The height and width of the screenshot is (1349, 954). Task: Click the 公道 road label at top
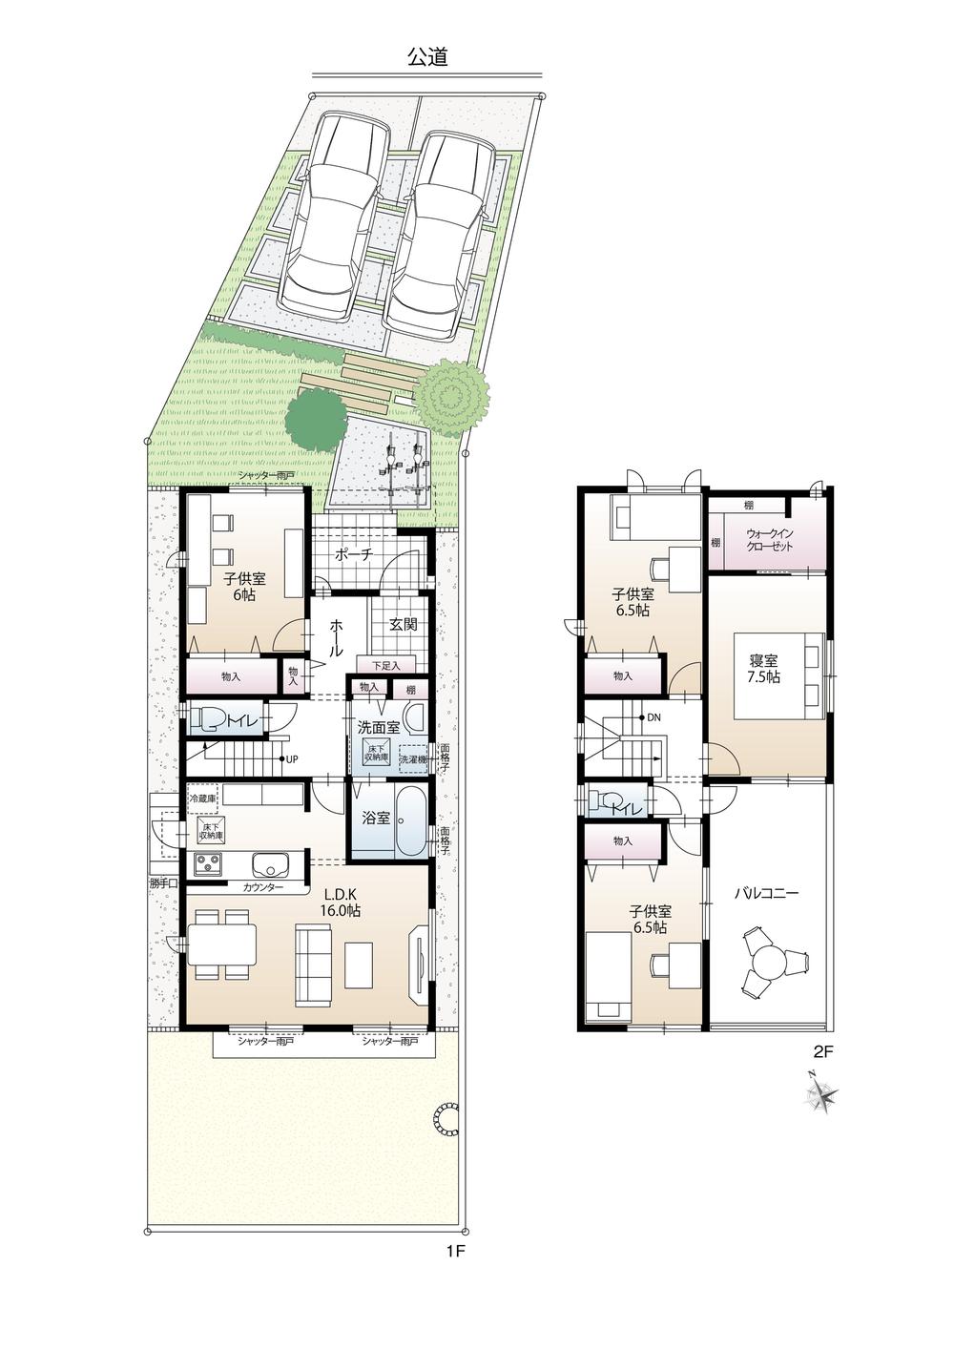coord(427,57)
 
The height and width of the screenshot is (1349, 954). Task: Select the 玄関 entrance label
coord(403,625)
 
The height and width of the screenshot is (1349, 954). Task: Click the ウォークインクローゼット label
coord(769,539)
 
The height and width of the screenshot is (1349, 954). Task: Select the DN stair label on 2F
coord(654,716)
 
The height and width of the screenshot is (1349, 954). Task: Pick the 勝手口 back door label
coord(163,883)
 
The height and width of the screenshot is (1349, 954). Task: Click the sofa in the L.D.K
coord(313,966)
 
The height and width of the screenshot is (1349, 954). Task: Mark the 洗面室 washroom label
coord(378,726)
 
